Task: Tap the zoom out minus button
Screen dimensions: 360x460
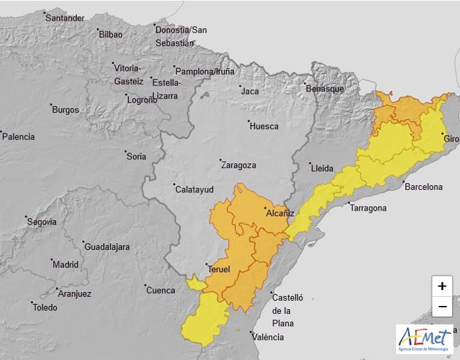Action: tap(441, 307)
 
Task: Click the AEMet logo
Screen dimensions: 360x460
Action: tap(425, 339)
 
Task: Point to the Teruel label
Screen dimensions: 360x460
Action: tap(219, 269)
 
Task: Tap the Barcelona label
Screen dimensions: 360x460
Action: tap(423, 187)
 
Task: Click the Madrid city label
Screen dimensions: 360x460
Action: tap(65, 264)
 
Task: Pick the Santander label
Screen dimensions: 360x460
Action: tap(65, 18)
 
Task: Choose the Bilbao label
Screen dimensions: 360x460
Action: tap(111, 34)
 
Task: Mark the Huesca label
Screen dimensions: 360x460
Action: tap(265, 126)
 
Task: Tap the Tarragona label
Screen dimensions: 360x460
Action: tap(368, 208)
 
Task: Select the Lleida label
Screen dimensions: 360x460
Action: tap(322, 169)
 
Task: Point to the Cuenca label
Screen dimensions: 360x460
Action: tap(161, 290)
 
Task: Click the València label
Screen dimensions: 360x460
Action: tap(268, 337)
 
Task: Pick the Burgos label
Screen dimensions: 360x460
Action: tap(65, 110)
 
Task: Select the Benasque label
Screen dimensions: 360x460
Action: tap(325, 89)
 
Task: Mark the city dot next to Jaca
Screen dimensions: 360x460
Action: tap(239, 86)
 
